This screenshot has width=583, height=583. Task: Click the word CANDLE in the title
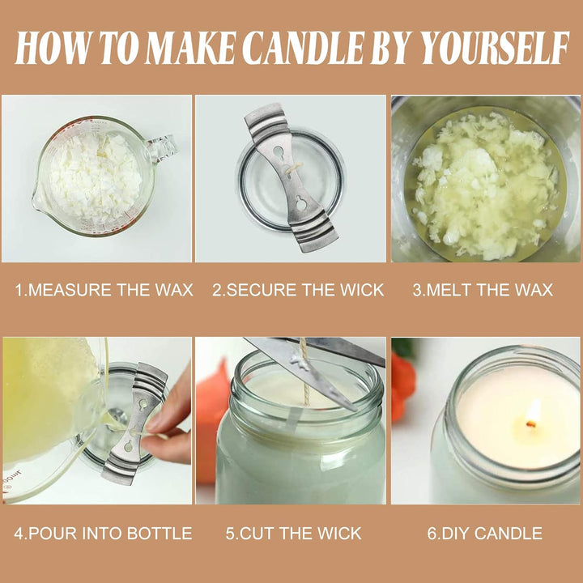[x=305, y=48]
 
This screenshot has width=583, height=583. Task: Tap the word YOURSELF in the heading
[x=494, y=48]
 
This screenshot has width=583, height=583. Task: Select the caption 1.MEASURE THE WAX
[x=104, y=290]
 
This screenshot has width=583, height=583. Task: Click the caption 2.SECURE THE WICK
[x=298, y=290]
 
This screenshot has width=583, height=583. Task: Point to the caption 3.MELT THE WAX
[x=483, y=290]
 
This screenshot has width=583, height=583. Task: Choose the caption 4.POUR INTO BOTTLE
[x=103, y=533]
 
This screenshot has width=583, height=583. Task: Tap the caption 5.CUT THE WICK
[x=293, y=533]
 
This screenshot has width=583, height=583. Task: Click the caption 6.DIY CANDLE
[x=484, y=533]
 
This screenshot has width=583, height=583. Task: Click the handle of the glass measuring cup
[x=164, y=147]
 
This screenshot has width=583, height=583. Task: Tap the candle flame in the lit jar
[x=533, y=413]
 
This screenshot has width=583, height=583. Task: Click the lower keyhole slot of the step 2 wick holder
[x=300, y=203]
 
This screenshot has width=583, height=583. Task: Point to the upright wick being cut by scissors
[x=305, y=372]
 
